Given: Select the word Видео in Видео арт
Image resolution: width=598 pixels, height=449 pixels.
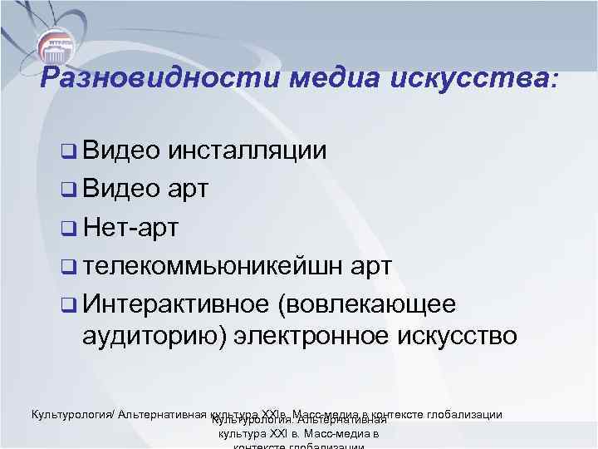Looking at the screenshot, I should [120, 187].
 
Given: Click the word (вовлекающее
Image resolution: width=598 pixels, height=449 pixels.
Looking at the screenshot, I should [369, 303].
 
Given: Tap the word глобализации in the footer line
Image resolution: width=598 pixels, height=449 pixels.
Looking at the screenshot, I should [464, 413].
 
